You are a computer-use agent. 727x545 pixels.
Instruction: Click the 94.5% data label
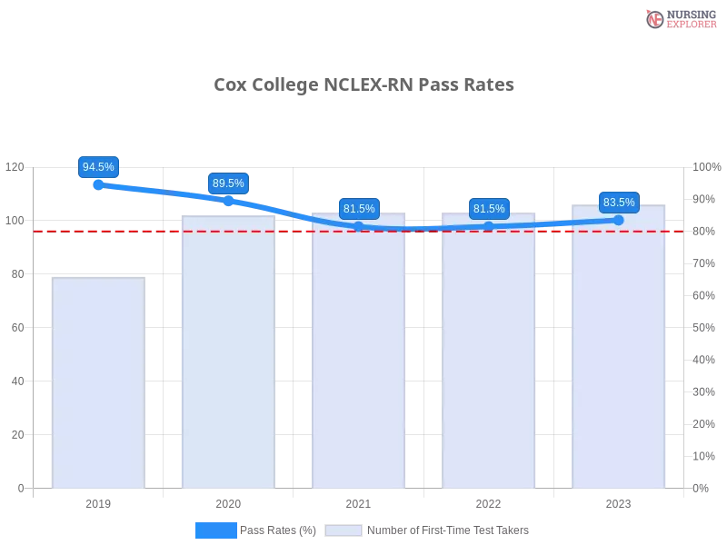(x=98, y=167)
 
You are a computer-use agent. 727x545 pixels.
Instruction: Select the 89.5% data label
(x=228, y=183)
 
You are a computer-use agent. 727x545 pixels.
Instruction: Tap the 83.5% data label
(x=619, y=203)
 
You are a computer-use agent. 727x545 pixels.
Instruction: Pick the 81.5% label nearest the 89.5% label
(x=359, y=209)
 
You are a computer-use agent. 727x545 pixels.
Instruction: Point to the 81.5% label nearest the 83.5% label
(x=489, y=209)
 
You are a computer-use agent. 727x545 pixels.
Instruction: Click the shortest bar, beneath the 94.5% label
(x=98, y=381)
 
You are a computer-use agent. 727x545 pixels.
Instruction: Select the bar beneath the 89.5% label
(x=228, y=354)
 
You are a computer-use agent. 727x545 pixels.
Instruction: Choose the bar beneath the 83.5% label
(x=619, y=350)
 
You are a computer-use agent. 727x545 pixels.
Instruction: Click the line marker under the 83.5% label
(x=619, y=220)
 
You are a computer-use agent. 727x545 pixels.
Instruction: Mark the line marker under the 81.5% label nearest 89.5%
(x=359, y=226)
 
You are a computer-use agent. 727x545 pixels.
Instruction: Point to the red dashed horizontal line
(x=154, y=231)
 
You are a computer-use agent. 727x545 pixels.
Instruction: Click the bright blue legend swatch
(x=216, y=530)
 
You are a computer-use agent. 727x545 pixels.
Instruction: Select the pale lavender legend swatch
(x=344, y=530)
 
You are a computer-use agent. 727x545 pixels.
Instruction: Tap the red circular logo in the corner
(x=655, y=19)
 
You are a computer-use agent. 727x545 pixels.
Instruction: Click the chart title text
(x=363, y=85)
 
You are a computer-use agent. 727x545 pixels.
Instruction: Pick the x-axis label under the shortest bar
(x=98, y=502)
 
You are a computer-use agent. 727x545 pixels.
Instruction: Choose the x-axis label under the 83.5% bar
(x=619, y=502)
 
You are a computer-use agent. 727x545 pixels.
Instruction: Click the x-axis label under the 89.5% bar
(x=228, y=502)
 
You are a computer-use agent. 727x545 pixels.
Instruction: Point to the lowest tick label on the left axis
(x=21, y=488)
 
